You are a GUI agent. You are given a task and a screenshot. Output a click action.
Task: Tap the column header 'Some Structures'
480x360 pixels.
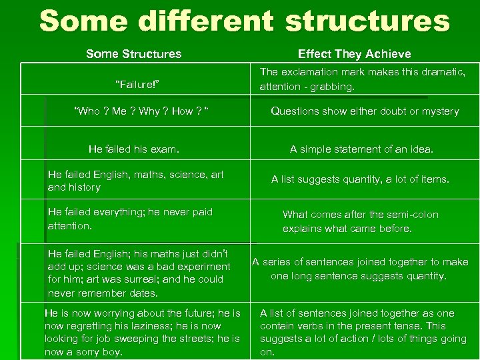click(x=133, y=54)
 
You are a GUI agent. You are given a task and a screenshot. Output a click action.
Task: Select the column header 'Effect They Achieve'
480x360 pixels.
click(x=354, y=54)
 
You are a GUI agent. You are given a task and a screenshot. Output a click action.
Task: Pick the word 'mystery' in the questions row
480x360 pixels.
click(x=439, y=111)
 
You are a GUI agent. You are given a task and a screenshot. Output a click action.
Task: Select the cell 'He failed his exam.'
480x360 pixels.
click(x=134, y=149)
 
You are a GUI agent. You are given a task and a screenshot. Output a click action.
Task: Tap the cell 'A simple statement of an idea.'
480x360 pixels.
click(x=361, y=149)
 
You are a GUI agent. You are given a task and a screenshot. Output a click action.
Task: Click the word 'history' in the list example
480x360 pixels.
click(x=84, y=187)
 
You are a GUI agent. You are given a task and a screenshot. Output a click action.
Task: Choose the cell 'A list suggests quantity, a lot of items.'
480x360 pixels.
click(x=360, y=179)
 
